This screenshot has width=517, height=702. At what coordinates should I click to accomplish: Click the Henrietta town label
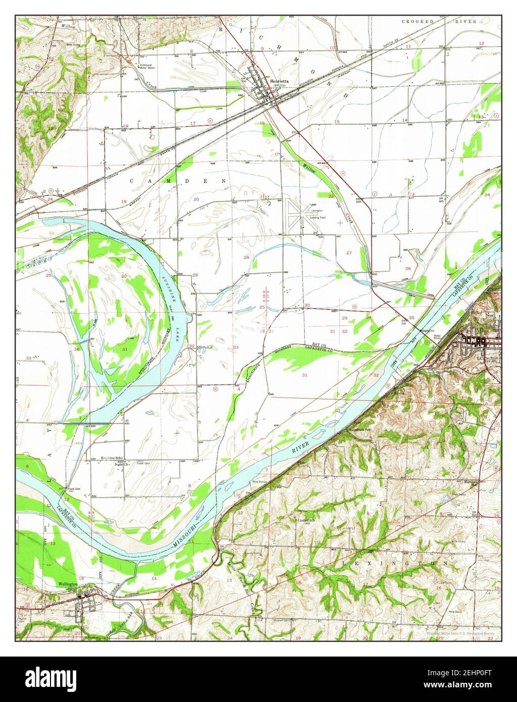pyautogui.click(x=279, y=81)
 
